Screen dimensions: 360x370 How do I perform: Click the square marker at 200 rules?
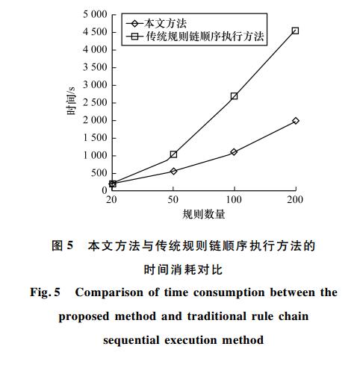point(295,31)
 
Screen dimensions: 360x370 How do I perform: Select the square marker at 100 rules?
point(234,96)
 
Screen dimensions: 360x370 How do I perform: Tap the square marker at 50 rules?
point(173,154)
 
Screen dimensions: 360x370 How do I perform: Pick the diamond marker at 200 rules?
point(296,121)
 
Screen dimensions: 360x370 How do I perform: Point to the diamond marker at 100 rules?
point(234,152)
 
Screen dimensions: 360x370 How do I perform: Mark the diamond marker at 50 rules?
point(173,171)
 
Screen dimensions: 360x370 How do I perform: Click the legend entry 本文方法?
point(156,24)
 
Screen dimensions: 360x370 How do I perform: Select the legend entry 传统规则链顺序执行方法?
point(195,37)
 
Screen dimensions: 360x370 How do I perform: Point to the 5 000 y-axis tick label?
point(95,14)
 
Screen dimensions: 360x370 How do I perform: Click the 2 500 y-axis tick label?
point(95,102)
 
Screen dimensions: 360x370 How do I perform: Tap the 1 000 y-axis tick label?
point(95,155)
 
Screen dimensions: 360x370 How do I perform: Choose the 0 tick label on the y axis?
point(105,190)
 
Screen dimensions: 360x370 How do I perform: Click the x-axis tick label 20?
point(111,200)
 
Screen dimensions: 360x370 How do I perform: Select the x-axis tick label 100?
point(234,200)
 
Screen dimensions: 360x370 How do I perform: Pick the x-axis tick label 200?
point(295,200)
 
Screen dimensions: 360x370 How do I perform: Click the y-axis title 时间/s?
point(71,101)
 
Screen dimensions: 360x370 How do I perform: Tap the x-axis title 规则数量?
point(204,214)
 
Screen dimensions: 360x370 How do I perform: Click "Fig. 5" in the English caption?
point(45,292)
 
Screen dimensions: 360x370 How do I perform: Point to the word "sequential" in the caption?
point(131,340)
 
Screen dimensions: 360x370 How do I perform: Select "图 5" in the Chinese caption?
point(62,245)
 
